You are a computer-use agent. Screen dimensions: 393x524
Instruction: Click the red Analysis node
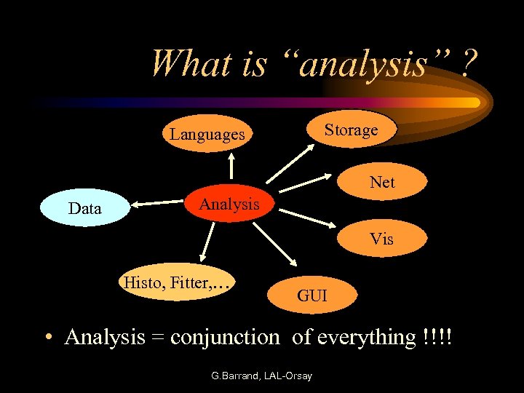(x=229, y=205)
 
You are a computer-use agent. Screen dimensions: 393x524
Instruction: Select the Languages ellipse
(x=207, y=134)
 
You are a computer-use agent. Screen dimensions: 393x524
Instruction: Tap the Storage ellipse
(x=351, y=130)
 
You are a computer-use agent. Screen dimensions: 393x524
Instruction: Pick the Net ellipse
(x=382, y=182)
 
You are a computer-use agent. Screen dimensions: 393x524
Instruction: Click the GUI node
(x=311, y=295)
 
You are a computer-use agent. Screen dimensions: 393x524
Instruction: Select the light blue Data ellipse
(x=84, y=209)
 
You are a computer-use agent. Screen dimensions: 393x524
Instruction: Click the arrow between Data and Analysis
(x=156, y=205)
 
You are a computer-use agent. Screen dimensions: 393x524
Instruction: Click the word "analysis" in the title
(x=364, y=64)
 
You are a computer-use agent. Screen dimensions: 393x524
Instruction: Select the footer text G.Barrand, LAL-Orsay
(x=261, y=376)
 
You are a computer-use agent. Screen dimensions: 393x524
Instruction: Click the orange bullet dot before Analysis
(x=47, y=338)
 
